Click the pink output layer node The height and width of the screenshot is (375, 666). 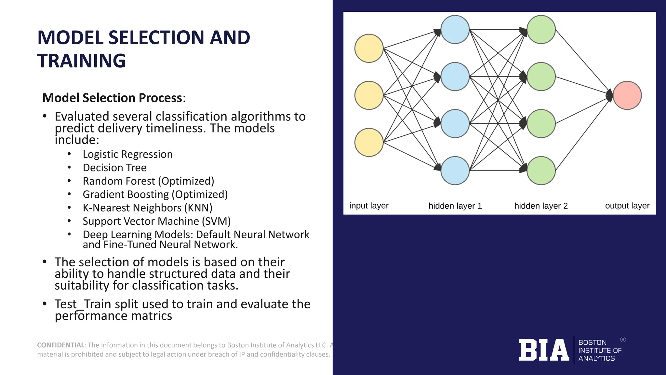pyautogui.click(x=627, y=95)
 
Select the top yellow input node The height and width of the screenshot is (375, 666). pyautogui.click(x=369, y=48)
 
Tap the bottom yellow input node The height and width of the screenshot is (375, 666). pyautogui.click(x=369, y=142)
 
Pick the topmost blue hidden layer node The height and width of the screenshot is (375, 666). pyautogui.click(x=455, y=30)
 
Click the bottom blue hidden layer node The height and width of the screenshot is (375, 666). pyautogui.click(x=455, y=171)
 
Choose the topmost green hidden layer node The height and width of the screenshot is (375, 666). pyautogui.click(x=541, y=30)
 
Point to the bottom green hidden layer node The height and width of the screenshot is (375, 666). pyautogui.click(x=541, y=171)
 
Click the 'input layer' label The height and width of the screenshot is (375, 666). pyautogui.click(x=369, y=206)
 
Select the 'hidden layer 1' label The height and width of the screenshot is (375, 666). pyautogui.click(x=455, y=206)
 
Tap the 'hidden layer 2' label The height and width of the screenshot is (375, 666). pyautogui.click(x=541, y=206)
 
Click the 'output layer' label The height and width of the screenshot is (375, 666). pyautogui.click(x=627, y=206)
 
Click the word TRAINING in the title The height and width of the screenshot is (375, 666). pyautogui.click(x=81, y=61)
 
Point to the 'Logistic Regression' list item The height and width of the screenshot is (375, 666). pyautogui.click(x=127, y=154)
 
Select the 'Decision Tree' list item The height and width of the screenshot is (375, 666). pyautogui.click(x=114, y=168)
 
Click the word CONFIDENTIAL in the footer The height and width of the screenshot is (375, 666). pyautogui.click(x=61, y=345)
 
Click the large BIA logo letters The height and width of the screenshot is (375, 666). pyautogui.click(x=544, y=350)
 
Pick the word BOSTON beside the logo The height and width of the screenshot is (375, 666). pyautogui.click(x=592, y=342)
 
